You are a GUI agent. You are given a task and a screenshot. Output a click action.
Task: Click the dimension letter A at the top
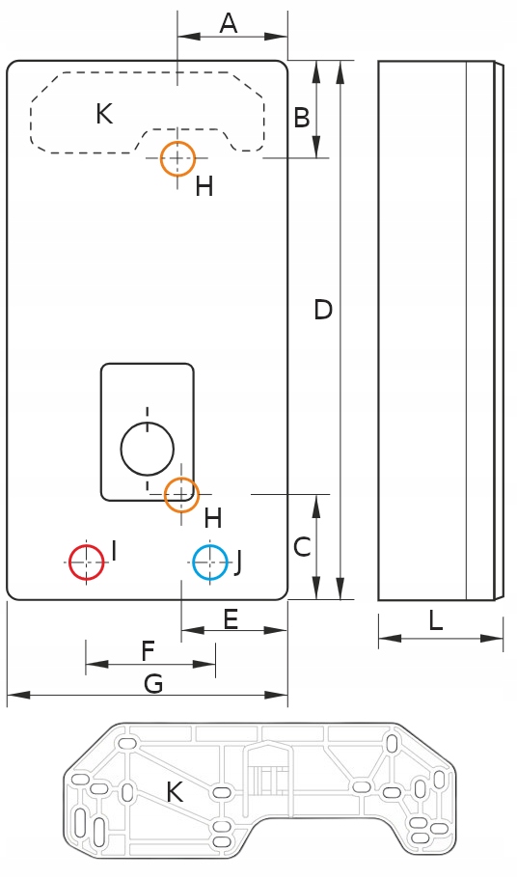point(229,23)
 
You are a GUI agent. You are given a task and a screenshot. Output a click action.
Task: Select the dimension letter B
point(302,118)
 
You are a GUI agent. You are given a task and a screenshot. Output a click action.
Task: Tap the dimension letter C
point(302,547)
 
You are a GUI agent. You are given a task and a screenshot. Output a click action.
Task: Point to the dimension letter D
point(323,310)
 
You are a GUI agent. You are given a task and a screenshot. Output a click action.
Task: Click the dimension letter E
point(231,619)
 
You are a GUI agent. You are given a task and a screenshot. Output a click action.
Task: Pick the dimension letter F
point(148,652)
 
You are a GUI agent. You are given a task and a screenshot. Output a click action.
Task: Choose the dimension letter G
point(153,684)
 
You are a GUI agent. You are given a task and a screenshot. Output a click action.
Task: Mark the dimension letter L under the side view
point(436,620)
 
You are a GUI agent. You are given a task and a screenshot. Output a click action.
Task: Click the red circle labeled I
point(87,562)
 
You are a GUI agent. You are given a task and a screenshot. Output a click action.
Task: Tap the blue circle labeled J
point(210,562)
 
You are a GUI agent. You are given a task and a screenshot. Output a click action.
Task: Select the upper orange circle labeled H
point(177,158)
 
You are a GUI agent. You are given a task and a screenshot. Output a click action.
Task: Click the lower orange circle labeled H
point(181,494)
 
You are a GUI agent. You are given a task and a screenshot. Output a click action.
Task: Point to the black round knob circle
point(148,449)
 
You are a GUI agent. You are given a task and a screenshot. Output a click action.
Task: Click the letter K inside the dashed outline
point(104,114)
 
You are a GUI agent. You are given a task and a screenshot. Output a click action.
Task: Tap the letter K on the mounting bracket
point(175,792)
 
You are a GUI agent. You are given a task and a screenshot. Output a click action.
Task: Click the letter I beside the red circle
point(114,550)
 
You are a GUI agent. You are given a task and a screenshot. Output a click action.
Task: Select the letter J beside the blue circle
point(238,562)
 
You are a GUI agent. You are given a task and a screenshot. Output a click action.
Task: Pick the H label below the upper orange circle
point(204,186)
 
